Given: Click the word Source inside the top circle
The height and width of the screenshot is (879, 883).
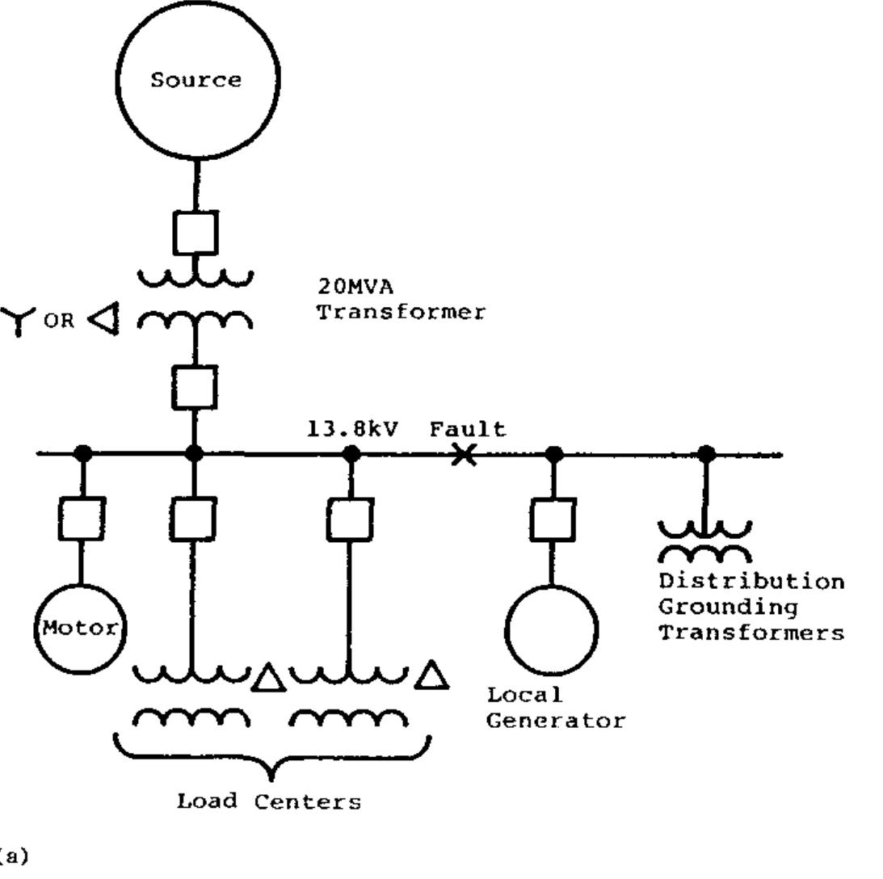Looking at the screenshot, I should coord(196,80).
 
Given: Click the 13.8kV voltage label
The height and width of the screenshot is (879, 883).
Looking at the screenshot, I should coord(353,428).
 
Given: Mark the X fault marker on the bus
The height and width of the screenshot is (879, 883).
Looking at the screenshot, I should coord(463,456).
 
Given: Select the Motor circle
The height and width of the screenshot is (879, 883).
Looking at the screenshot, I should coord(80,628).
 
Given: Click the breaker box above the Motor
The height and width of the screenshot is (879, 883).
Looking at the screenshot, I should coord(81,519).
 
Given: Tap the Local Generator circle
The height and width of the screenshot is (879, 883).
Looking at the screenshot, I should coord(552,629).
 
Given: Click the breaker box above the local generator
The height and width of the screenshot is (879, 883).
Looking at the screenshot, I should coord(553,519).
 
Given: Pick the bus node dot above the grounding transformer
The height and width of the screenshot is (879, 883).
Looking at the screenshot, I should coord(705,454).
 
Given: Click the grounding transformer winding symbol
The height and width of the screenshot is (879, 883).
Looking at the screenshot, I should coord(704,542).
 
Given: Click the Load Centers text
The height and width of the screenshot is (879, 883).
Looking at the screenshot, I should coord(269,801).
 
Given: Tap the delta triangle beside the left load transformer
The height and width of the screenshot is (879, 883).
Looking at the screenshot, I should coord(268,677).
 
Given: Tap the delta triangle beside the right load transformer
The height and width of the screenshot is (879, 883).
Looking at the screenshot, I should coord(431,675).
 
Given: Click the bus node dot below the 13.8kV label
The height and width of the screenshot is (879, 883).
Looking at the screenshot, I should coord(351,454).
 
